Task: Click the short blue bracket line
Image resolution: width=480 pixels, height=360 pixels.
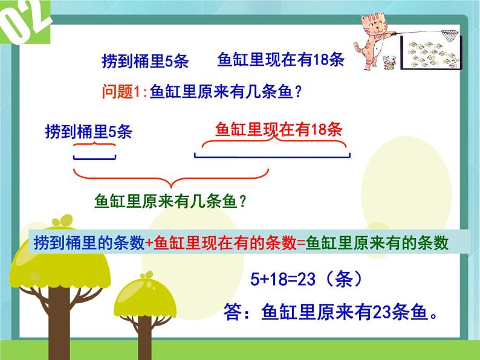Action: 94,158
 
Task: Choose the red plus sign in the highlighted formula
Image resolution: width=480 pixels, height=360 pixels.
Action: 150,243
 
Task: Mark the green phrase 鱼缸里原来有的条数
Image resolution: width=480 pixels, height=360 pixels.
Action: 378,242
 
